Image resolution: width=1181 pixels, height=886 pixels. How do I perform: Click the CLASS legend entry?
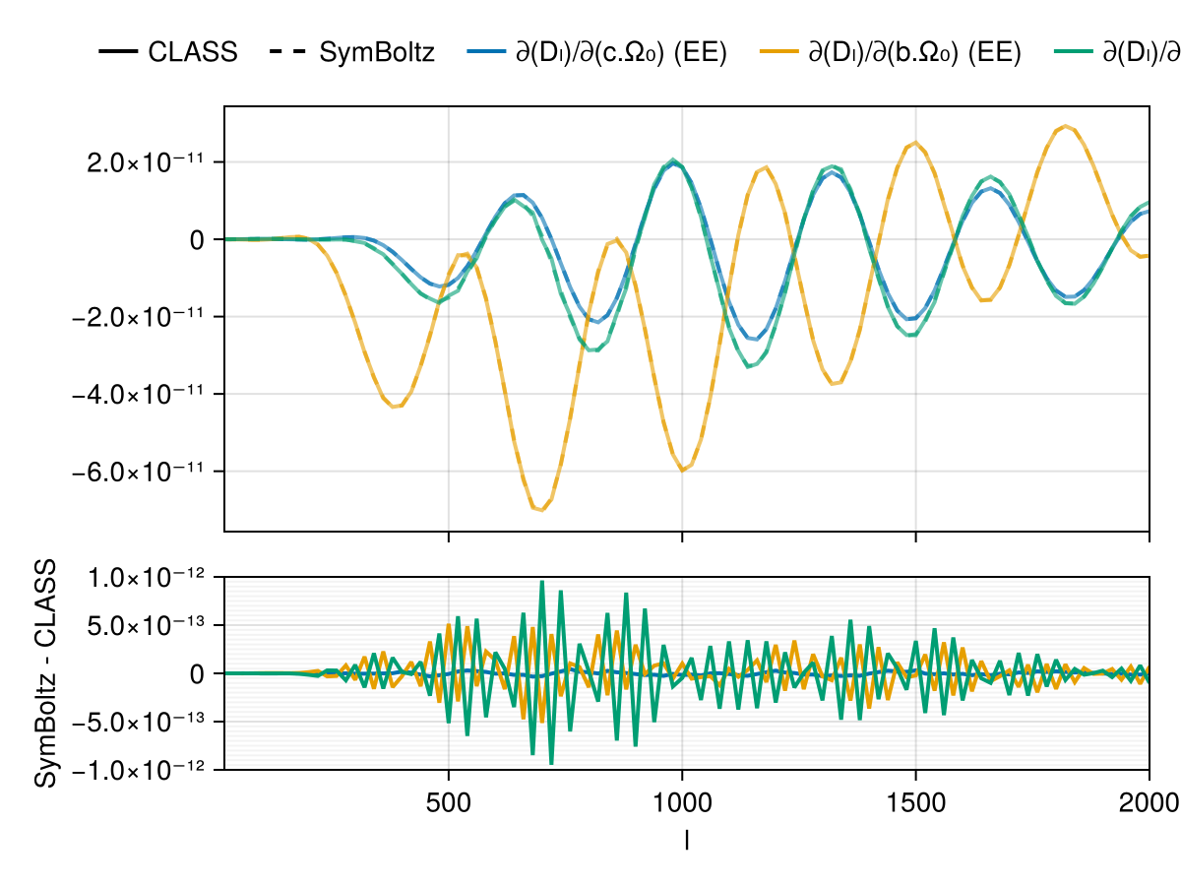coord(193,52)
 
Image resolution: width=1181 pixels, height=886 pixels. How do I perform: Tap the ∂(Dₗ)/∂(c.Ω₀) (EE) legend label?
coord(621,52)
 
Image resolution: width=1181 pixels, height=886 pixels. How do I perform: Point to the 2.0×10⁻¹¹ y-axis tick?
coord(143,161)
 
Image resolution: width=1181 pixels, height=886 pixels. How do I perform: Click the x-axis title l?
coord(686,839)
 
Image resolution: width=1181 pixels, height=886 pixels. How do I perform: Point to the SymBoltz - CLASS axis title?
coord(45,673)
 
